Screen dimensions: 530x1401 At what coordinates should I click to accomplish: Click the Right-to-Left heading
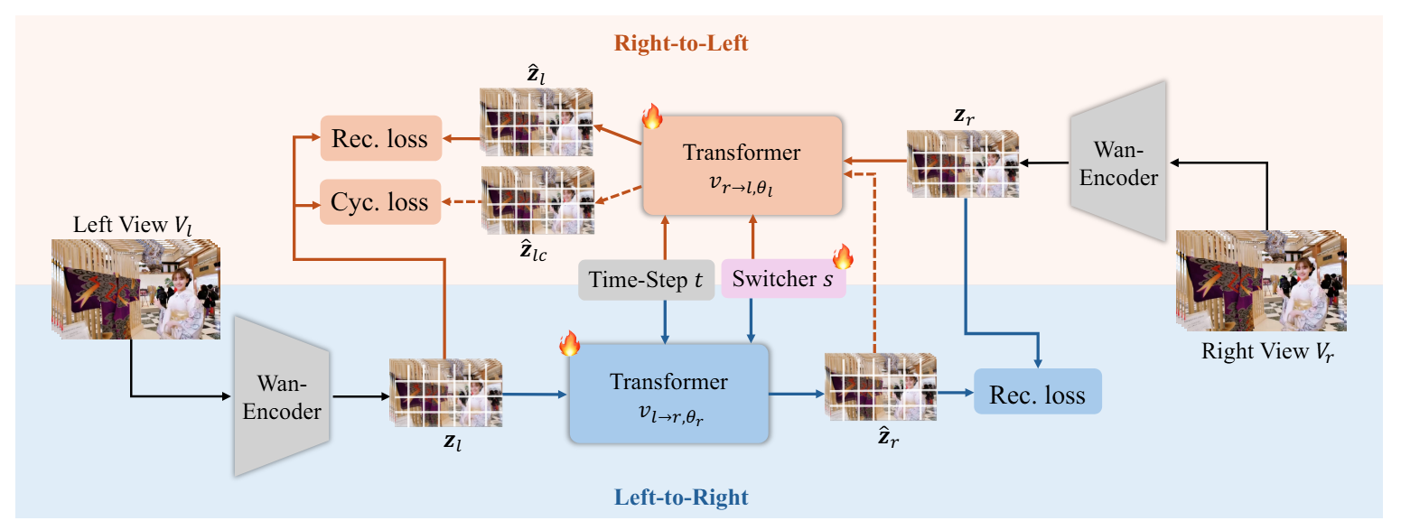coord(681,42)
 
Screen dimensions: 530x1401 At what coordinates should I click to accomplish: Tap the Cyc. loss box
coord(380,200)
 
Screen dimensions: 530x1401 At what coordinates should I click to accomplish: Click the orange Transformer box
coord(742,164)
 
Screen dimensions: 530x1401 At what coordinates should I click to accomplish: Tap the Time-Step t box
coord(646,280)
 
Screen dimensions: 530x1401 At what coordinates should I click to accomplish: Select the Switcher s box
coord(782,280)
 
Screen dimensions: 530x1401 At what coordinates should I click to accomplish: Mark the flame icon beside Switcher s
coord(842,257)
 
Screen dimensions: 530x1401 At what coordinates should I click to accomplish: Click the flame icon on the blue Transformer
coord(569,344)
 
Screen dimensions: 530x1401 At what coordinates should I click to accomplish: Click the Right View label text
coord(1266,352)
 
